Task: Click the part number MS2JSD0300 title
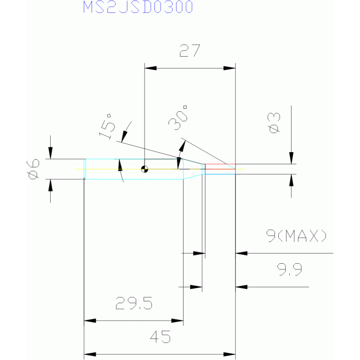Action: coord(138,7)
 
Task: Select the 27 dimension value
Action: coord(190,51)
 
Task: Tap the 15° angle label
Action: coord(107,127)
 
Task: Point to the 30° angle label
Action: coord(178,117)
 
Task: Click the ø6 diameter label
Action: coord(33,169)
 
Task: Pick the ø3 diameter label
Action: coord(274,123)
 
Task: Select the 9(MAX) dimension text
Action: coord(296,236)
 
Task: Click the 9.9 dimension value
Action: coord(289,269)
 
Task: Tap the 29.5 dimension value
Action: coord(134,303)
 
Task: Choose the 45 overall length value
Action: coord(160,337)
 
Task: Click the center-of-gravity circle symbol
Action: coord(145,169)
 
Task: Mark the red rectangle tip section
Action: coord(220,167)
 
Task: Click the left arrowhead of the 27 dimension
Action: coord(150,68)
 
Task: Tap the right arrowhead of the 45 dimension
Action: coord(230,354)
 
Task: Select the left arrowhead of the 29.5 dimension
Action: coord(90,321)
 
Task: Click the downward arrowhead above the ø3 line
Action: coord(291,158)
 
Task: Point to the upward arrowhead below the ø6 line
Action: coord(51,185)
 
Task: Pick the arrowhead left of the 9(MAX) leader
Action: coord(242,253)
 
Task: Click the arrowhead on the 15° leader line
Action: coord(124,137)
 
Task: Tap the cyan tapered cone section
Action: coord(192,169)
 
